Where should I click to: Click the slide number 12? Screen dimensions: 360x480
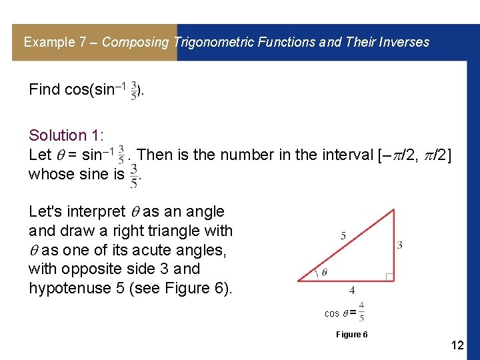point(457,345)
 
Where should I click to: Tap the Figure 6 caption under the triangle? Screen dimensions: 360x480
point(351,334)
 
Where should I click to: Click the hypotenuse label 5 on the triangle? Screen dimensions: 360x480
point(343,235)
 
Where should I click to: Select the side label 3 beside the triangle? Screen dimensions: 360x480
point(399,245)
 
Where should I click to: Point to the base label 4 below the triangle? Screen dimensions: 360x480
point(352,290)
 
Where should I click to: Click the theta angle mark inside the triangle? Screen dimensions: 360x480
point(324,272)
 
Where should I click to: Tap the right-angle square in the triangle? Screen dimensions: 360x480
point(389,276)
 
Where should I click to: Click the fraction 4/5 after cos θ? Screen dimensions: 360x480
point(361,311)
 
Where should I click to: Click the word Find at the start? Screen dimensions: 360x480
point(45,89)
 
